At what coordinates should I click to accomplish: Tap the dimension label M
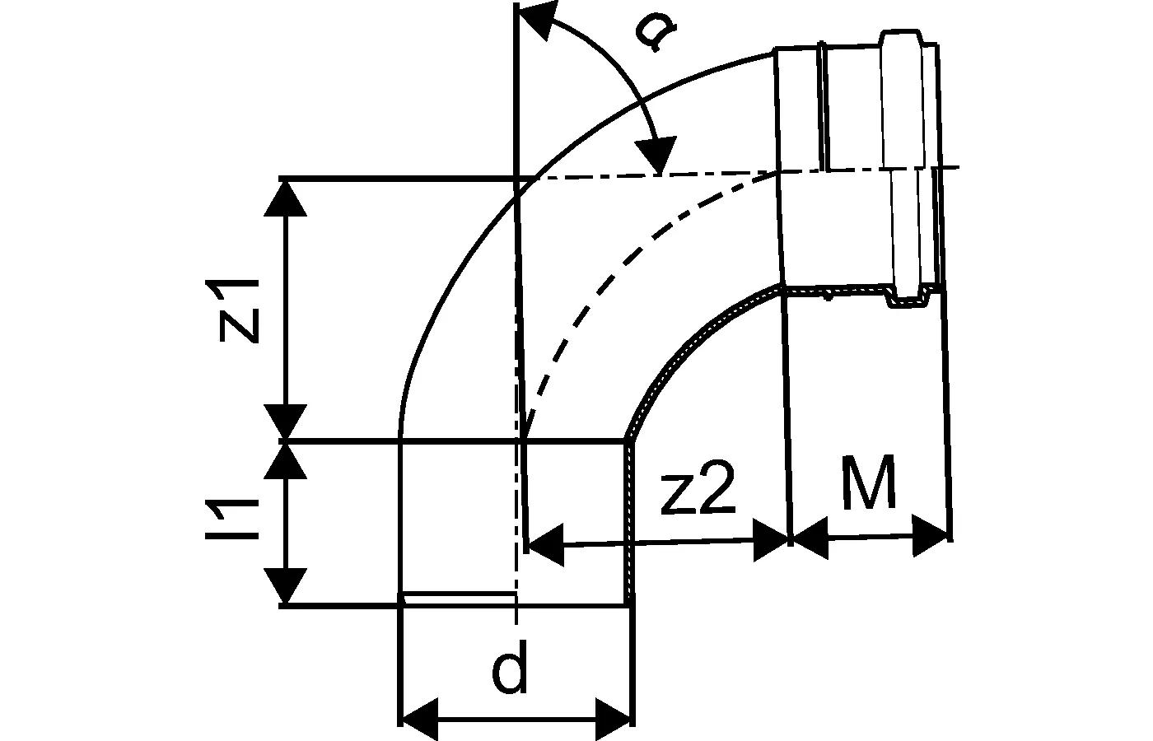point(870,486)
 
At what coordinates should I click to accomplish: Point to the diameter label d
point(511,670)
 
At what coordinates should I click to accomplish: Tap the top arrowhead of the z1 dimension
point(287,198)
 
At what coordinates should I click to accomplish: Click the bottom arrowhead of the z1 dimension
point(287,422)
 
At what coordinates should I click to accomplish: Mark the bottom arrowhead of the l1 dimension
point(287,586)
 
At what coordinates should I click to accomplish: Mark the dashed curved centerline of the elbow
point(626,263)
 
